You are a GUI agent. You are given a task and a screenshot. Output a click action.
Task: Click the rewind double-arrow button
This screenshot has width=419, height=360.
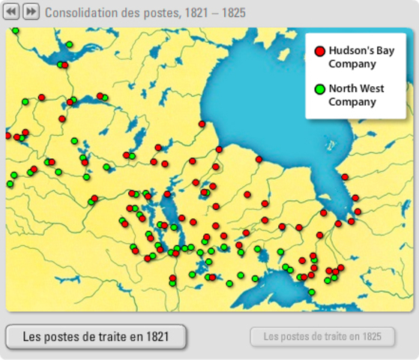coord(11,12)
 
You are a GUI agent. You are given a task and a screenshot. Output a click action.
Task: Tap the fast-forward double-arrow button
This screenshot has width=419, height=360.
coord(31,12)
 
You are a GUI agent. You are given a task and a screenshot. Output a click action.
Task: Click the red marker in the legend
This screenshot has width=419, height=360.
coord(320,51)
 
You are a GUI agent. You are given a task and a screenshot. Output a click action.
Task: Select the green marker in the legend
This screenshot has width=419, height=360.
coord(320,89)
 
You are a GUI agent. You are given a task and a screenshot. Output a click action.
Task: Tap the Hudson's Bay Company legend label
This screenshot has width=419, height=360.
coord(361,57)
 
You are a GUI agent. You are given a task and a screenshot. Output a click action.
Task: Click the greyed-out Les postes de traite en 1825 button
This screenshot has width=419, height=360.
coord(322,336)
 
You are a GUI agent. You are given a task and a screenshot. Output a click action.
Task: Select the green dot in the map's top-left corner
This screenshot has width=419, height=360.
coord(15,31)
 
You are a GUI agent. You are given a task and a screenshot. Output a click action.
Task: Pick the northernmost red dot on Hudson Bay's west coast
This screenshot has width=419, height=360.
coord(202,124)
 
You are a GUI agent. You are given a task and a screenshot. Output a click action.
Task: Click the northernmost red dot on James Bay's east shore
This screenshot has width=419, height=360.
coord(345,177)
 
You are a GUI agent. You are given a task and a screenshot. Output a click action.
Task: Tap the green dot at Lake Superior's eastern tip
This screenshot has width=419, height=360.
coord(311,292)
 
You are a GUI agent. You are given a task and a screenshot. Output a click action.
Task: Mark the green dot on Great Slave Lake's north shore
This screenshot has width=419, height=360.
coord(69,44)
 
